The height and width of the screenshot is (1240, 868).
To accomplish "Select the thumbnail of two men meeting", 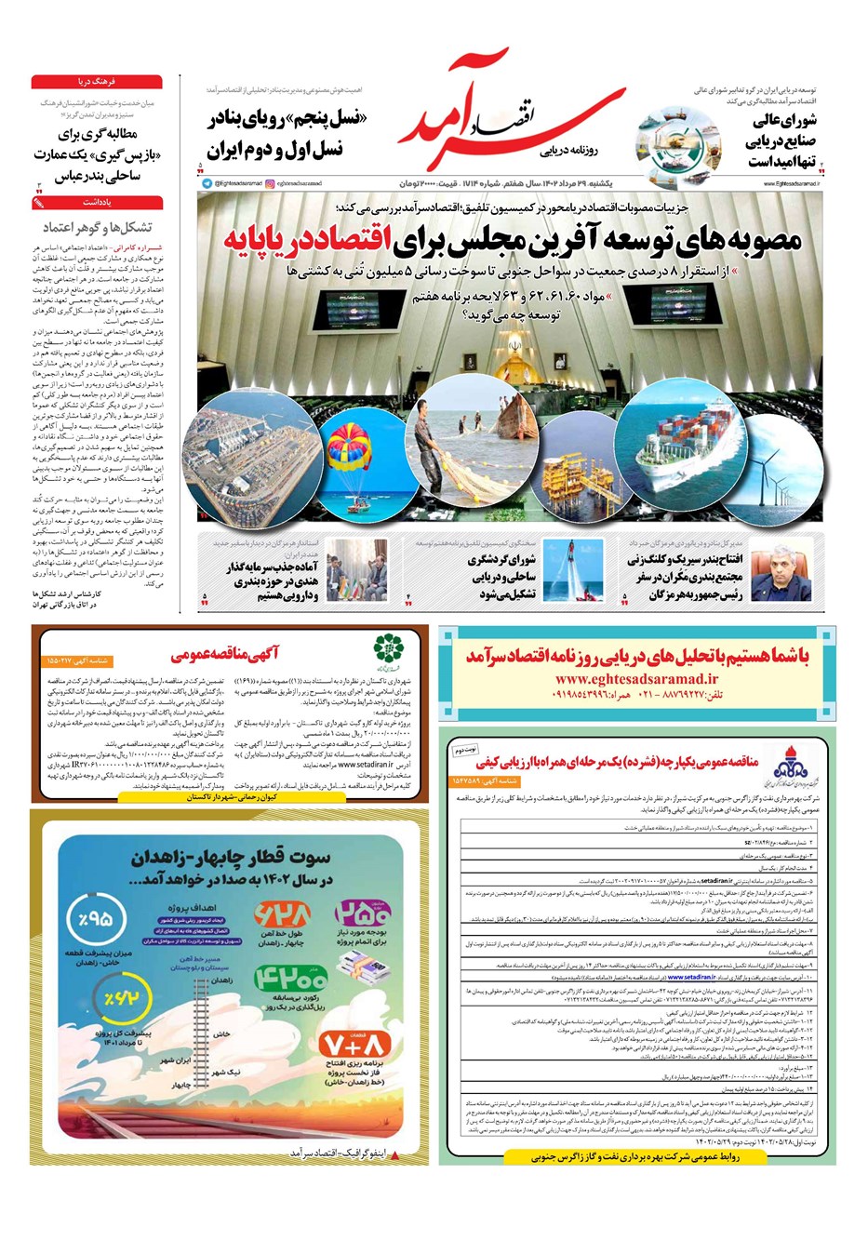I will [x=358, y=570].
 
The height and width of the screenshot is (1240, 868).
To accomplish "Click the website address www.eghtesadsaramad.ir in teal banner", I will [x=636, y=679].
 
